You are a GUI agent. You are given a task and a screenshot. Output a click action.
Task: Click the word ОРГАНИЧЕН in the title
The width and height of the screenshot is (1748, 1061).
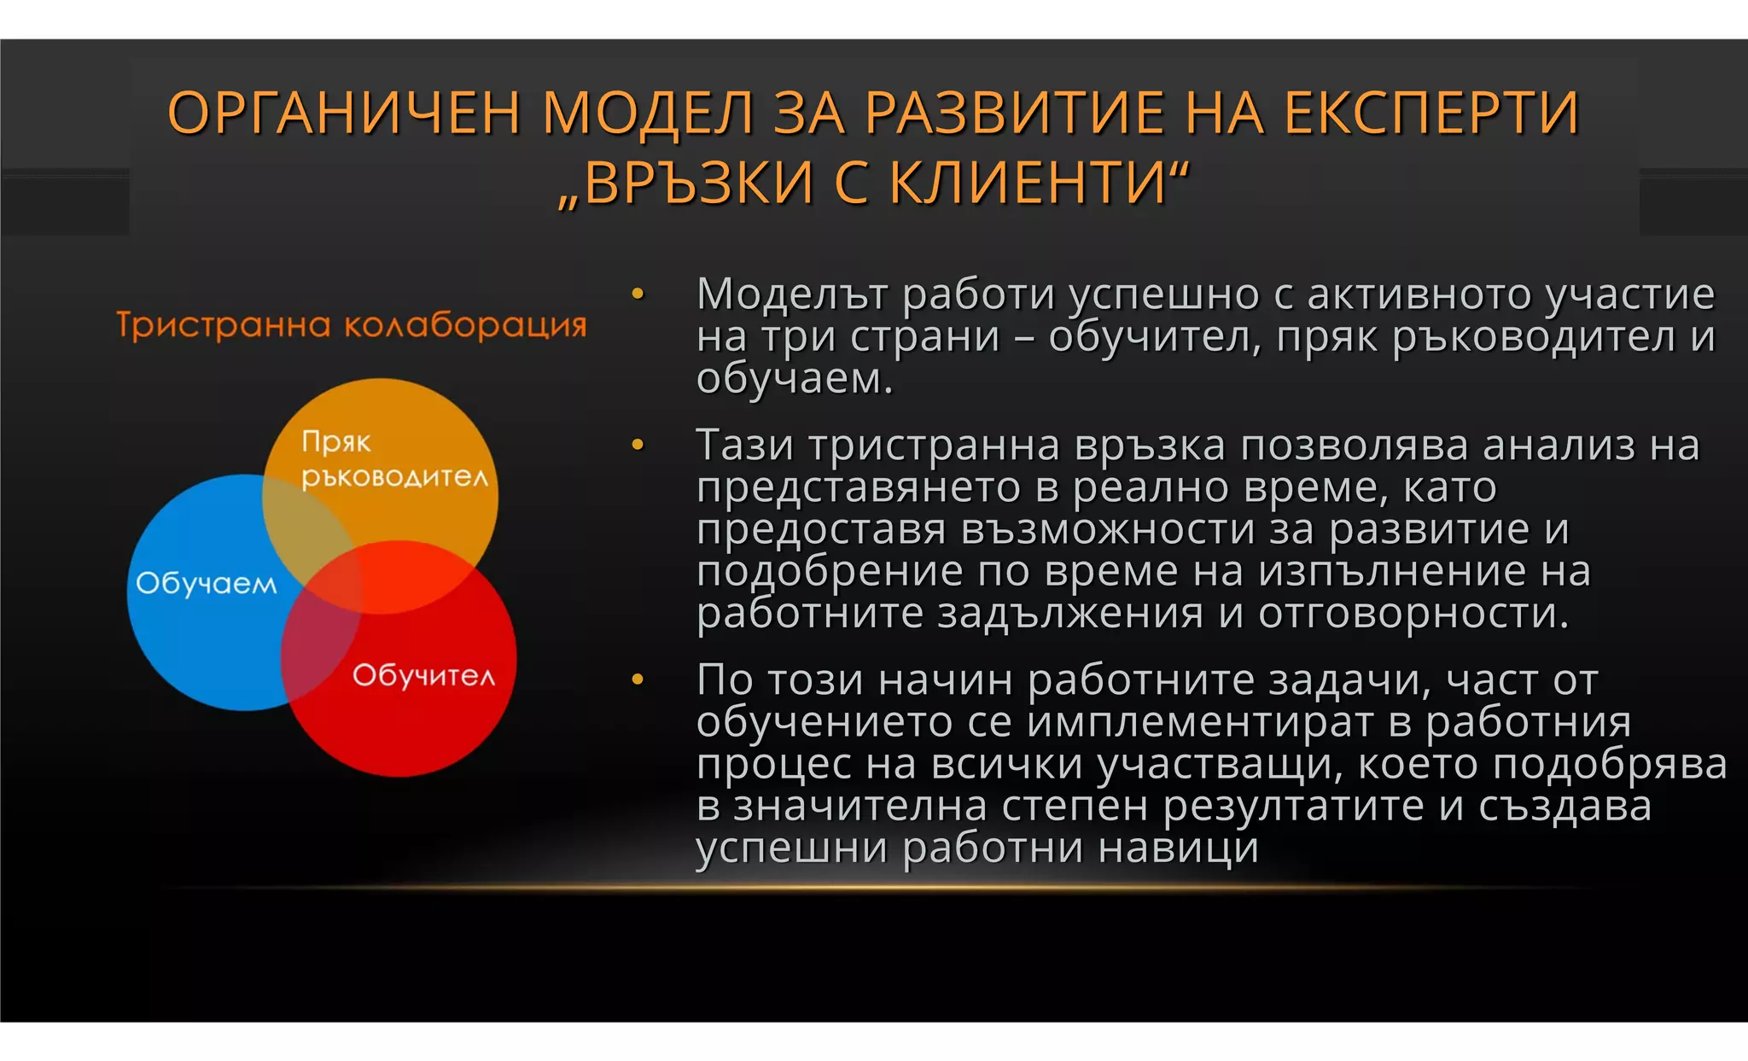click(x=344, y=114)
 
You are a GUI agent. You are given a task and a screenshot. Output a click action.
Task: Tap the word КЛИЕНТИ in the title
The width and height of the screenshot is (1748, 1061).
click(x=1028, y=183)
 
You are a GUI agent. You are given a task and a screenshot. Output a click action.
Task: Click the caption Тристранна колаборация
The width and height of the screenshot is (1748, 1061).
click(x=352, y=325)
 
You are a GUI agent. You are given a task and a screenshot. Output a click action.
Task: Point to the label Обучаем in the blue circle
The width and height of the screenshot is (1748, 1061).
click(x=207, y=583)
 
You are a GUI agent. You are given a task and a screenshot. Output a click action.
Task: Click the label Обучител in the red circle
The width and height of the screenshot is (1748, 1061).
click(x=423, y=675)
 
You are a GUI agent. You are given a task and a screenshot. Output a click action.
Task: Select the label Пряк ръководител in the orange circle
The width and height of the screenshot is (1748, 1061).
click(x=394, y=459)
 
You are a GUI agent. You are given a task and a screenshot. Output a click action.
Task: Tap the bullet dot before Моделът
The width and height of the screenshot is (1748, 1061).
click(x=638, y=294)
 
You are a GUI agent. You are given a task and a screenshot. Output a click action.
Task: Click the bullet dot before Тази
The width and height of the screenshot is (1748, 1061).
click(x=638, y=445)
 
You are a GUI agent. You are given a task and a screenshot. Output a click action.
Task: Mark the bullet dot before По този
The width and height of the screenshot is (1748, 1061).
click(x=638, y=679)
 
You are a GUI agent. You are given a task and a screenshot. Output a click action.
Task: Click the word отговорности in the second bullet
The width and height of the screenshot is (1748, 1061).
click(x=1413, y=613)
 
